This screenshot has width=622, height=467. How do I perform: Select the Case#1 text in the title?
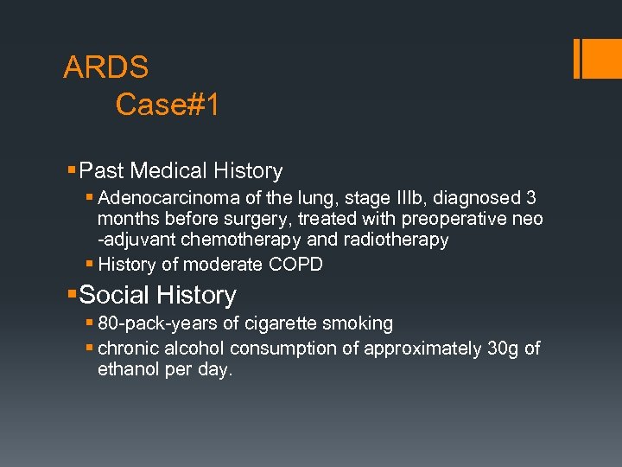(x=168, y=105)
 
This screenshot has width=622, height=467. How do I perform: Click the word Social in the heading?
(x=114, y=295)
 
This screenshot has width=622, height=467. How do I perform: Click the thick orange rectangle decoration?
(x=596, y=59)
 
